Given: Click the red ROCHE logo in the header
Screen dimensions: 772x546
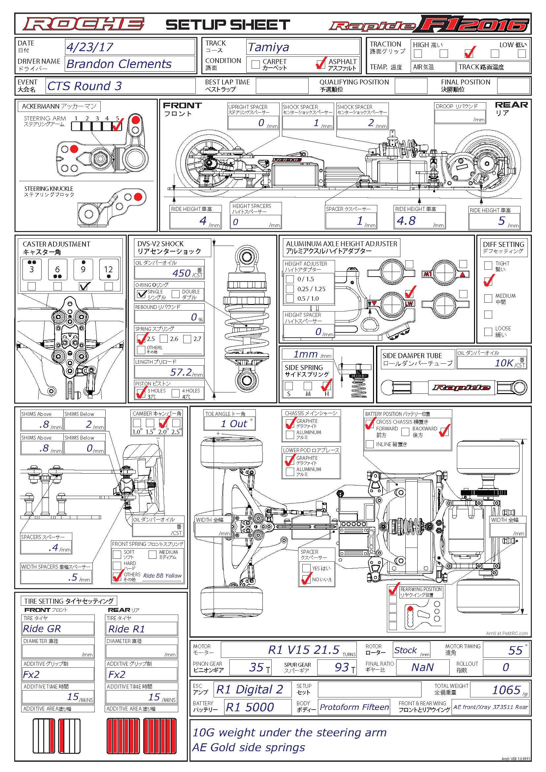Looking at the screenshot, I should [84, 24].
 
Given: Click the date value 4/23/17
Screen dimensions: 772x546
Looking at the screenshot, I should [90, 47].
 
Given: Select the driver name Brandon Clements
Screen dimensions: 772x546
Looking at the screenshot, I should [119, 64].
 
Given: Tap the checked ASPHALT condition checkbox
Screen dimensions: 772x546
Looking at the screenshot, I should [321, 64].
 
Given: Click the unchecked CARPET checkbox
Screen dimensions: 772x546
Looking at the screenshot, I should [256, 64].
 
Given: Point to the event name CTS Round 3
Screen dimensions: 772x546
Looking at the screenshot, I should [85, 86].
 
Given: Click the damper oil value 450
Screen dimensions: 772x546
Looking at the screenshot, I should [181, 273].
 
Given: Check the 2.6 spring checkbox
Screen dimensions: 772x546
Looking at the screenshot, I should [164, 339].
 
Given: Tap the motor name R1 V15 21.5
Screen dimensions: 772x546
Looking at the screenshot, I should [304, 650].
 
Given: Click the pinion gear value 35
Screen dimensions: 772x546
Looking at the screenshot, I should [256, 667].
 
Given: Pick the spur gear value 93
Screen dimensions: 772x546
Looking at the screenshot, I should [342, 667].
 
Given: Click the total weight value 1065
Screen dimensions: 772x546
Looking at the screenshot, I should [506, 690].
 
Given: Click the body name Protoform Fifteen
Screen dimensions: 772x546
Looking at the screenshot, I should [354, 707].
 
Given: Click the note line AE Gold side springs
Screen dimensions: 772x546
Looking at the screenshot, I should [249, 747].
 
